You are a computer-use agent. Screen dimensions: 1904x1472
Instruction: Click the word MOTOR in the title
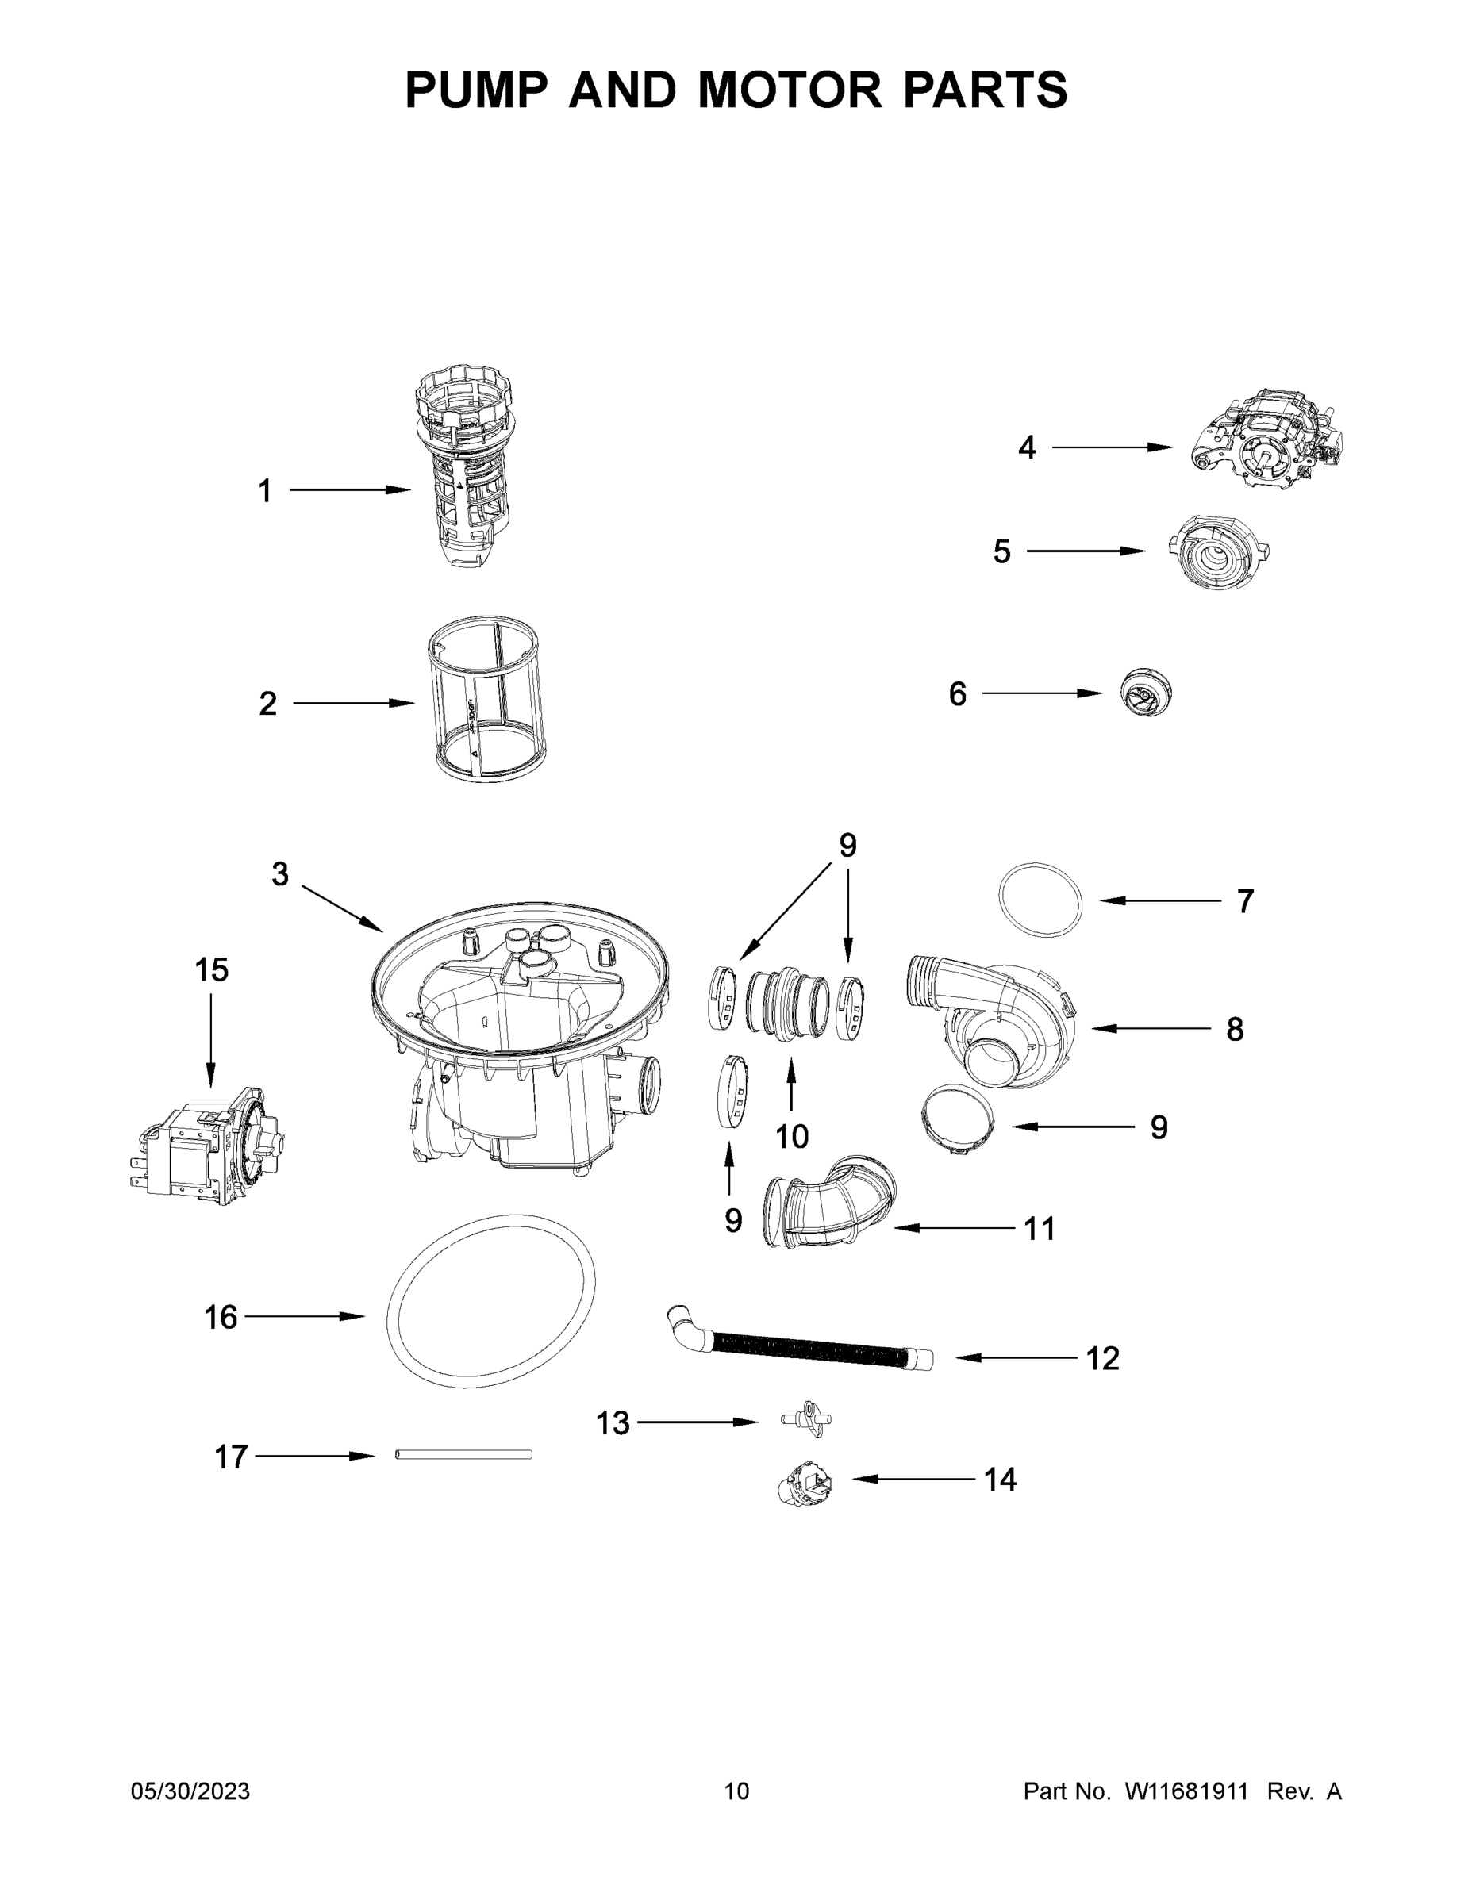[x=790, y=90]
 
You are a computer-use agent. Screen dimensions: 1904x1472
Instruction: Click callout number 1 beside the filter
[x=265, y=491]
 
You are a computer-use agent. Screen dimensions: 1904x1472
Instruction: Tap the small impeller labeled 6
[x=1146, y=693]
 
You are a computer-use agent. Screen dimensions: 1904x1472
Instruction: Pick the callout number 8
[x=1235, y=1030]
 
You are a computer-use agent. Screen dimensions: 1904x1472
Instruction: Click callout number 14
[x=1000, y=1480]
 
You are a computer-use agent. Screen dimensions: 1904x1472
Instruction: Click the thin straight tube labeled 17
[x=463, y=1454]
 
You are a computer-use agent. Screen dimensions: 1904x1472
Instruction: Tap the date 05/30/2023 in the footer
[x=190, y=1791]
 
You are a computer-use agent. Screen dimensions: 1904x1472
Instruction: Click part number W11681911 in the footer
[x=1186, y=1791]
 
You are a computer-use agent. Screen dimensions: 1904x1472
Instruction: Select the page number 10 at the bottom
[x=737, y=1791]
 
